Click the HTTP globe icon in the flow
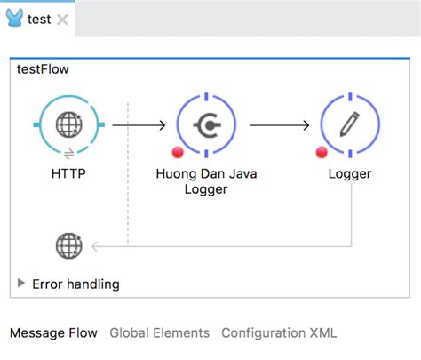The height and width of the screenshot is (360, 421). (69, 125)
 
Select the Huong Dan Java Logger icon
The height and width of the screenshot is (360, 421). (207, 125)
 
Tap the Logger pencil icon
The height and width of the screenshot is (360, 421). (348, 125)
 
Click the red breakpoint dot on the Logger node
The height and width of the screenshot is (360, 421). (322, 152)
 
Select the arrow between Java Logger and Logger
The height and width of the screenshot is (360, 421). (279, 125)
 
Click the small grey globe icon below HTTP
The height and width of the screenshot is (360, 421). (68, 245)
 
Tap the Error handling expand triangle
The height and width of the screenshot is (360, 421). (21, 284)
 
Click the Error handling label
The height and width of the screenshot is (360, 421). (75, 284)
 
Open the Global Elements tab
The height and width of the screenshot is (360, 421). (160, 333)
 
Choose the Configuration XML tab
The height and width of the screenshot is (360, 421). (279, 333)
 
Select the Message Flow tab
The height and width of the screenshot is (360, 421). (53, 333)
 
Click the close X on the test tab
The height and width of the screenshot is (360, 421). (62, 20)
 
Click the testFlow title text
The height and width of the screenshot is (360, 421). (43, 69)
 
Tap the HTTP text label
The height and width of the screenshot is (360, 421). (69, 173)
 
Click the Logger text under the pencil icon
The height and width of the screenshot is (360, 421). (348, 173)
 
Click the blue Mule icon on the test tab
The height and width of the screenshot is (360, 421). (14, 18)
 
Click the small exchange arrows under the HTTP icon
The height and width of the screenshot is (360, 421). (69, 154)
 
